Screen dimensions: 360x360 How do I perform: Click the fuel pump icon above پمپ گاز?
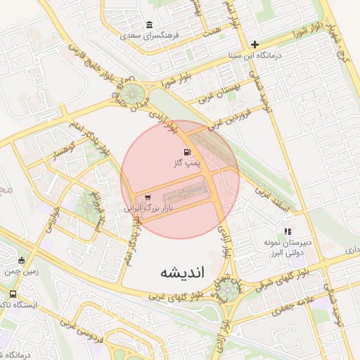(x=186, y=153)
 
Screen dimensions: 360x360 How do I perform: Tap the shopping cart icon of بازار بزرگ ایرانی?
(x=147, y=198)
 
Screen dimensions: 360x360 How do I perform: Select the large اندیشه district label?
(x=181, y=271)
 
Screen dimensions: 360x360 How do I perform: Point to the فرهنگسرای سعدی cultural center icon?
(x=149, y=25)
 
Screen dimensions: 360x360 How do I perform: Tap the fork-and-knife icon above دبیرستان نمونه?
(x=287, y=231)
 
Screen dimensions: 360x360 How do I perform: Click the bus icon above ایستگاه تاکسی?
(x=13, y=294)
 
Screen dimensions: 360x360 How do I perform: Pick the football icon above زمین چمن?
(x=21, y=260)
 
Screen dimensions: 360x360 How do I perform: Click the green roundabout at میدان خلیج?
(x=131, y=93)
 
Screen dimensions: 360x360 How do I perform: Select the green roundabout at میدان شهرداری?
(x=230, y=291)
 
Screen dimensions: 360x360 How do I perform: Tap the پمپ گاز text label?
(x=188, y=164)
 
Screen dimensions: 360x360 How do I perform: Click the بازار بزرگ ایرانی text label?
(x=148, y=209)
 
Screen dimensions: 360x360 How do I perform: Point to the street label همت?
(x=210, y=28)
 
